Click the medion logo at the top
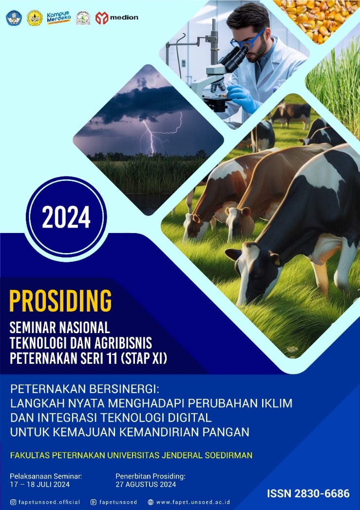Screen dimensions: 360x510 pos(116,18)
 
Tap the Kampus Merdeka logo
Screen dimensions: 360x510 pos(59,17)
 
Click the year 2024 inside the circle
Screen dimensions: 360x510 pos(66,217)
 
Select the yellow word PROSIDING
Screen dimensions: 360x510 pos(61,301)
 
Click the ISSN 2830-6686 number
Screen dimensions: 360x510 pos(308,493)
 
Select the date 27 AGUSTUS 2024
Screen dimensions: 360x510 pos(146,484)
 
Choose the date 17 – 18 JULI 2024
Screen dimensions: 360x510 pos(39,484)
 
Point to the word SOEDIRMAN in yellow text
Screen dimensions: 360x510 pos(228,455)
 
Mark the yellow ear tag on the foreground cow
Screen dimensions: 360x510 pos(277,259)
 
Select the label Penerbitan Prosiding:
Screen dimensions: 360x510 pos(151,476)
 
